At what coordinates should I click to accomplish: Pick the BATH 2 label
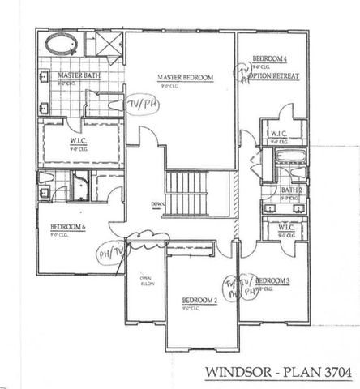tap(292, 190)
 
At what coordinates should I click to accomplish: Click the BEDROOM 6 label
tap(68, 227)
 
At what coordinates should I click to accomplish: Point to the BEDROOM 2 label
tap(199, 300)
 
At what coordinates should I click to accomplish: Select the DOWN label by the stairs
tap(157, 203)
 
